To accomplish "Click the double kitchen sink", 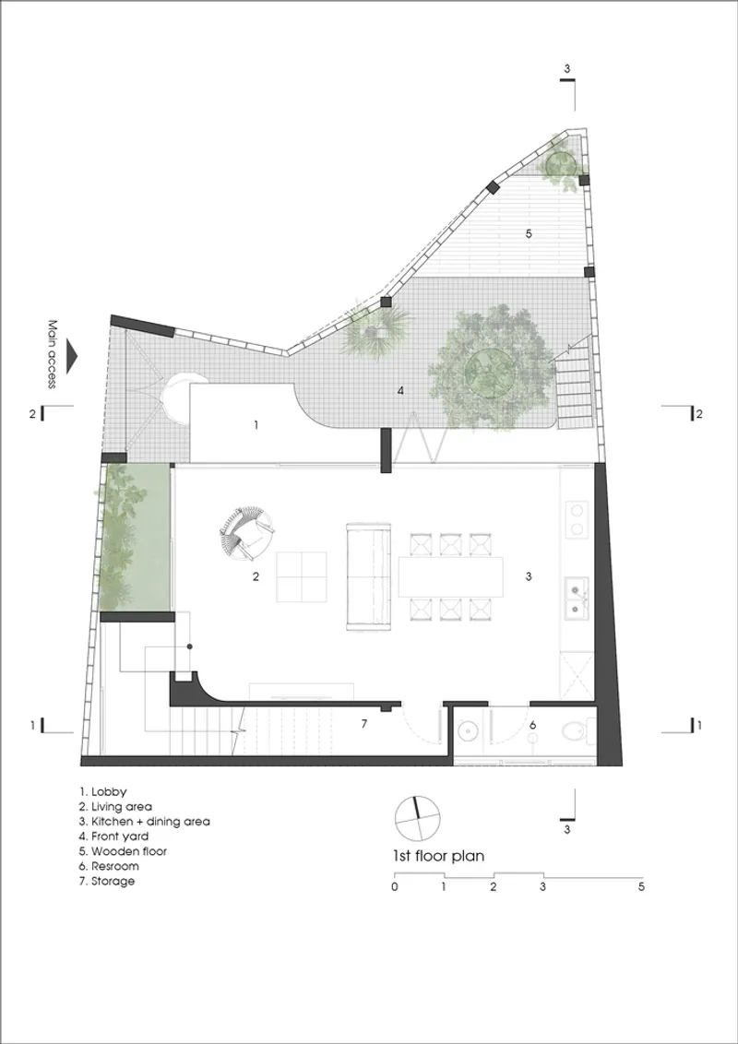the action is point(577,598).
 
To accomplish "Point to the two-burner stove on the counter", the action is point(577,519).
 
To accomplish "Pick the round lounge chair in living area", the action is point(245,534).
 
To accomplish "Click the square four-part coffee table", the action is point(302,577).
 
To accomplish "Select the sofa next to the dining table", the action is point(367,576).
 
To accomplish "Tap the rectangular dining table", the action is point(451,576).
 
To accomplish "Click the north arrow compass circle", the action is point(418,818).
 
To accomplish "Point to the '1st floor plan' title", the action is point(438,856).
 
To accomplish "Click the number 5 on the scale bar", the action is point(641,887).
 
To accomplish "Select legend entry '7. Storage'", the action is point(107,881).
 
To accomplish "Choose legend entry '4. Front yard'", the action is point(113,836).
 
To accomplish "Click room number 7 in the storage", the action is point(363,724).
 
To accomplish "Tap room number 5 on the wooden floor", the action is point(529,233).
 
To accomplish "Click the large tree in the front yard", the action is point(492,368).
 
